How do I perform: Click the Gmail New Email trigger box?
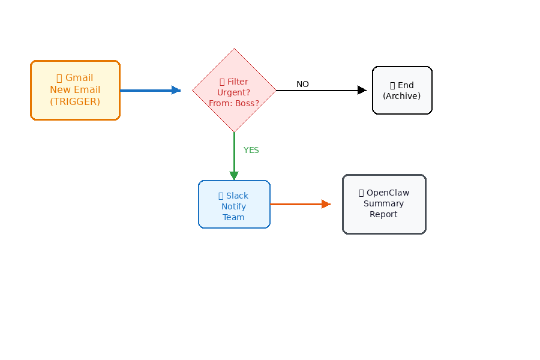75,90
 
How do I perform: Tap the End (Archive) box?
402,90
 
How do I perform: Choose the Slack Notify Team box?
234,204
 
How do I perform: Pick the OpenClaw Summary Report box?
384,204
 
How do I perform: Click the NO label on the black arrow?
302,85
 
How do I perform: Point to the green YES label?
251,150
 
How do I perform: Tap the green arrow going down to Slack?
234,153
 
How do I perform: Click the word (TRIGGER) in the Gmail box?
75,101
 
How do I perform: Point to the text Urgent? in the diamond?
234,92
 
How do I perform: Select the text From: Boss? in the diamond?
234,103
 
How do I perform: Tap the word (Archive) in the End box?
402,96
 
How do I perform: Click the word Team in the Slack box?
233,217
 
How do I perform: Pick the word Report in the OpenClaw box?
383,214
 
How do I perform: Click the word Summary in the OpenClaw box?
383,203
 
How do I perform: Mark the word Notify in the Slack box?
233,206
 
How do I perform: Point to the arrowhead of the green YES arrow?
234,175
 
